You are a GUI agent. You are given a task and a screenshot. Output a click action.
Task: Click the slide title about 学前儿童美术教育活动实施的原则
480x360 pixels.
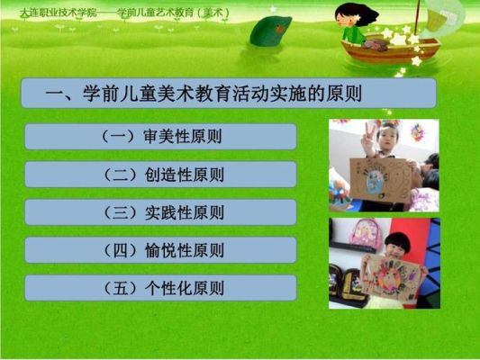204,93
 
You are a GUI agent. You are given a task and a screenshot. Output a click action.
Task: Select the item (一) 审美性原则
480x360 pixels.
161,137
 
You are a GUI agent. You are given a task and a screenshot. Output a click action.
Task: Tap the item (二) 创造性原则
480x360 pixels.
163,175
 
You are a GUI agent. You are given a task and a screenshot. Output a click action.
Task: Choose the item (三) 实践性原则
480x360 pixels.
163,212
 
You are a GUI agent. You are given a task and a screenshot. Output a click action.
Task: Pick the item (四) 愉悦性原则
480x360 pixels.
163,250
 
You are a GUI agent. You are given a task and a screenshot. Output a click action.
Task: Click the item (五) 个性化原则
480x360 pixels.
163,288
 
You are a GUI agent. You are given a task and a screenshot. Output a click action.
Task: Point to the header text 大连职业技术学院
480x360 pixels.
59,13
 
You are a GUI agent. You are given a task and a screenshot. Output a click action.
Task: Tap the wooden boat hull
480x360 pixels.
390,50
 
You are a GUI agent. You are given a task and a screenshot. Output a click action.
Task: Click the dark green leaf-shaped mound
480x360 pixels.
270,31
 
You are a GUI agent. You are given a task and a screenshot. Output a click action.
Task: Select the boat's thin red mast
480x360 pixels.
417,18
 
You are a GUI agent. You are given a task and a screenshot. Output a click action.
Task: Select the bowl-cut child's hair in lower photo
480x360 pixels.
398,241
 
